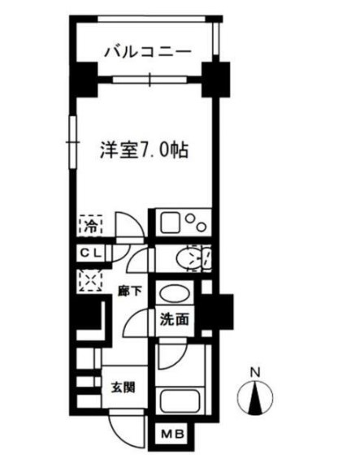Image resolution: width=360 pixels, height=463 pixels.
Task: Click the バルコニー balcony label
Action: [147, 51]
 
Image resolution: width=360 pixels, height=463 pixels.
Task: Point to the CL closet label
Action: [89, 253]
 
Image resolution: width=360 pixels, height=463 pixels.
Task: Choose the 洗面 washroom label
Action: [176, 319]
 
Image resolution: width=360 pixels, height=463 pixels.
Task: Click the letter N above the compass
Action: [255, 373]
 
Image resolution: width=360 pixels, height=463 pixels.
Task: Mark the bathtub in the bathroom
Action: [183, 400]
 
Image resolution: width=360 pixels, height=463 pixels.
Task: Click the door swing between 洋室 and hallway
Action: [127, 227]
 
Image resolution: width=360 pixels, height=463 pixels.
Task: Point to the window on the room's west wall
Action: [71, 135]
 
